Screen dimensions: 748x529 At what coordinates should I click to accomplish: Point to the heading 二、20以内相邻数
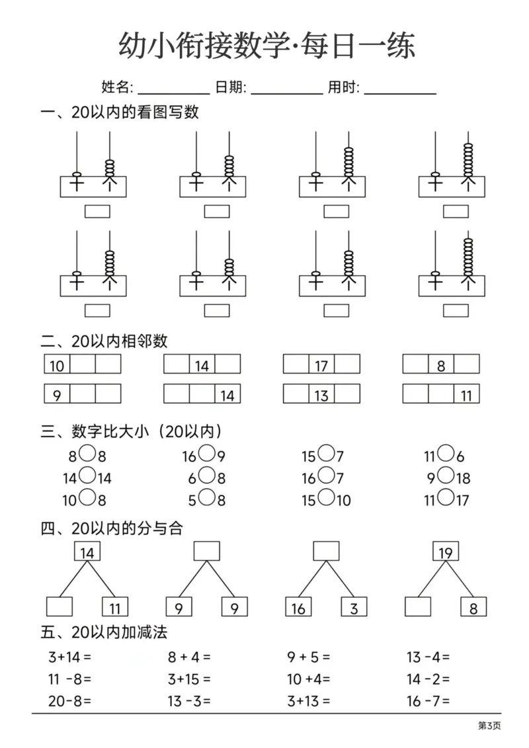click(x=104, y=341)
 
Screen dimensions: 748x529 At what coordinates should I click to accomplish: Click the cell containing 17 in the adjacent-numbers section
click(x=321, y=365)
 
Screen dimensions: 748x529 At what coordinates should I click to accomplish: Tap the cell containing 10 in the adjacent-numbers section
click(x=57, y=365)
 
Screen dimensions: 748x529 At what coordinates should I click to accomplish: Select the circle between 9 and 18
click(x=446, y=476)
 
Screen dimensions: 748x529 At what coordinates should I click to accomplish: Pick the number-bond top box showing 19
click(x=445, y=552)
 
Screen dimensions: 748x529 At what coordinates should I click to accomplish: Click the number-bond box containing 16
click(x=298, y=607)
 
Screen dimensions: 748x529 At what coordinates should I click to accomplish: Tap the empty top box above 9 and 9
click(x=206, y=551)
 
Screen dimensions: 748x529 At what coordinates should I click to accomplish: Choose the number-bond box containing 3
click(x=354, y=607)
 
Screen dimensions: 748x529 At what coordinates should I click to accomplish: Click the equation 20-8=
click(x=69, y=701)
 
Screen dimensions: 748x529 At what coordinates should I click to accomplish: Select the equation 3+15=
click(x=188, y=679)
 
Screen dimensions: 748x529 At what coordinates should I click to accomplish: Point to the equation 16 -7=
click(x=428, y=701)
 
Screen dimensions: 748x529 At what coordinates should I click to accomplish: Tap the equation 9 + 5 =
click(x=308, y=657)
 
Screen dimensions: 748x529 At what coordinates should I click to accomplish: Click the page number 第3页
click(x=489, y=726)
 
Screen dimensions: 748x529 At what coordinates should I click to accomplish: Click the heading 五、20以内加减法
click(x=104, y=633)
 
